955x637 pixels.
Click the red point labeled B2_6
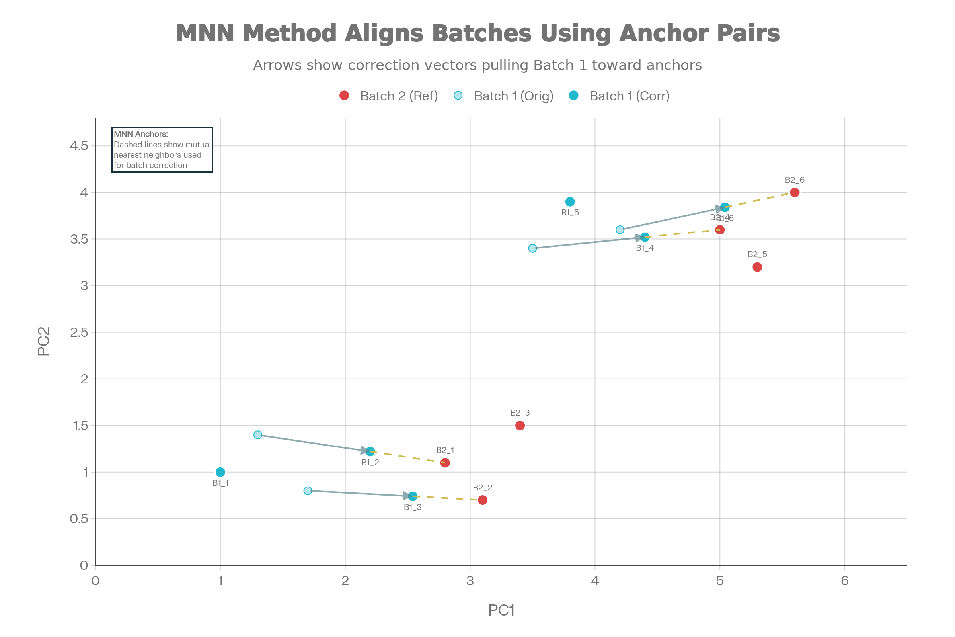point(795,193)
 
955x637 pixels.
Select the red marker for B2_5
point(757,267)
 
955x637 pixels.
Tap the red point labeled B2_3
point(520,425)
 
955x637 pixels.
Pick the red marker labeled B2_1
point(445,463)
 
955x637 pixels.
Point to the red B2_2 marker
point(482,500)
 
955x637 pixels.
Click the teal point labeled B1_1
point(220,472)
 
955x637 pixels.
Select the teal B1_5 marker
point(570,201)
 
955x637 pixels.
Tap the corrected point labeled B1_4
point(645,237)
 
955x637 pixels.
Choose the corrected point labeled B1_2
point(370,451)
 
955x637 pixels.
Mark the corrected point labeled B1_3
point(413,496)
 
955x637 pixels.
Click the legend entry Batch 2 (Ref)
point(398,96)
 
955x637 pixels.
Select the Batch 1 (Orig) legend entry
point(513,96)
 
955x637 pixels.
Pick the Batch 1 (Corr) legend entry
point(629,96)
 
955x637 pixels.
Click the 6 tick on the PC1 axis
point(844,581)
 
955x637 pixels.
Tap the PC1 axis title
point(501,610)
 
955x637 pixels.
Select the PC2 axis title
point(43,342)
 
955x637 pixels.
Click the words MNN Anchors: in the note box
point(140,134)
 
